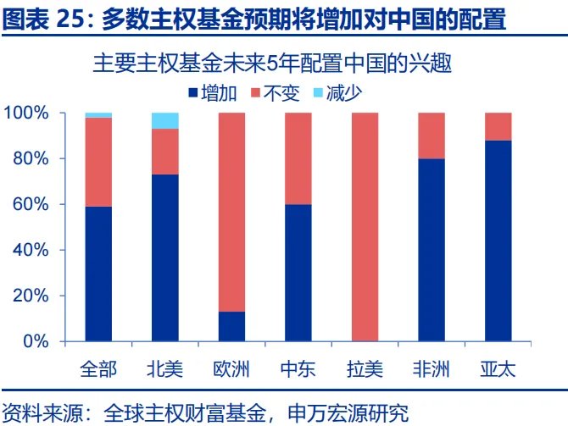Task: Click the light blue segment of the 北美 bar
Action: (x=165, y=120)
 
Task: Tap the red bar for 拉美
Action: (x=365, y=227)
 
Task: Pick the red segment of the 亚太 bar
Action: (x=498, y=126)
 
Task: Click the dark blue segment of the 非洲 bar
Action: (x=432, y=250)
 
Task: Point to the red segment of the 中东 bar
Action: (x=298, y=158)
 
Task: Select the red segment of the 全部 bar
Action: (x=98, y=162)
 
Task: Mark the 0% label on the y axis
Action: (x=39, y=342)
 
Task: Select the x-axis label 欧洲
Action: (x=231, y=369)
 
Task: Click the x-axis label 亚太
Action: (x=498, y=369)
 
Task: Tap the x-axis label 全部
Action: (x=98, y=369)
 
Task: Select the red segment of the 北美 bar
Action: (x=165, y=152)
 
